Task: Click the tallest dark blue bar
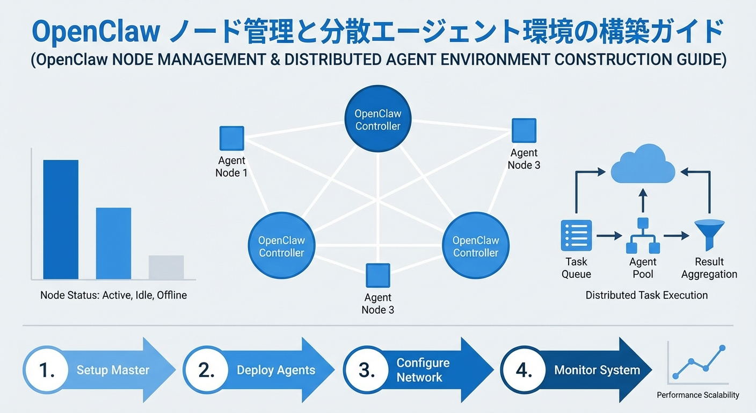click(61, 219)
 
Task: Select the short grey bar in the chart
click(166, 267)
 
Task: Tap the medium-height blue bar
click(113, 243)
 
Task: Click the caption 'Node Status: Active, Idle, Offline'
click(113, 295)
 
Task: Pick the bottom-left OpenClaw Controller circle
click(281, 246)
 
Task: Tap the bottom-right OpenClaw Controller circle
click(476, 246)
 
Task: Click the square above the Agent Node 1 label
click(232, 138)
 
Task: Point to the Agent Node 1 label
click(231, 167)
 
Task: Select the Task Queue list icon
click(576, 236)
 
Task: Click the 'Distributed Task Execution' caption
click(646, 295)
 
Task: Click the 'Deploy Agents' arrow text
click(276, 370)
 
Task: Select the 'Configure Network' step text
click(423, 370)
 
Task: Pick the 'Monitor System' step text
click(597, 370)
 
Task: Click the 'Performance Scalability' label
click(698, 395)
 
